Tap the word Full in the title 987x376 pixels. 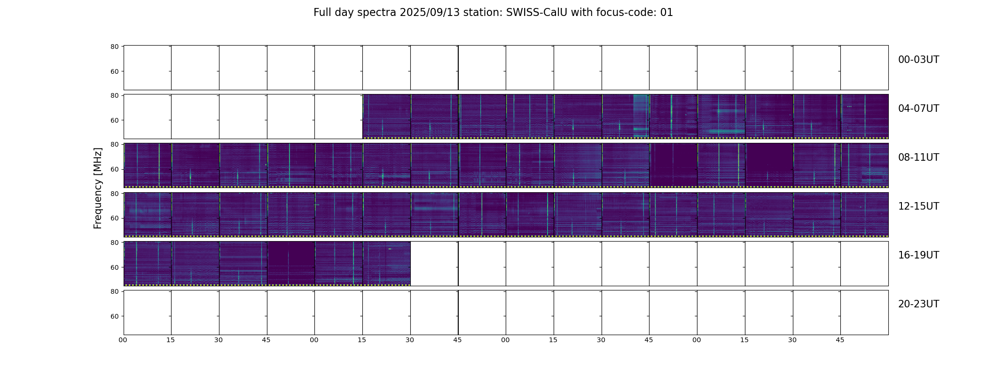click(x=323, y=13)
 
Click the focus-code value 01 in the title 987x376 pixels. click(x=666, y=13)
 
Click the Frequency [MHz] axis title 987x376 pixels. click(x=98, y=188)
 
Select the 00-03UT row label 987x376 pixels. click(x=918, y=60)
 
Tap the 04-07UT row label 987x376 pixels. click(x=918, y=109)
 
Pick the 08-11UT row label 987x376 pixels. click(x=918, y=157)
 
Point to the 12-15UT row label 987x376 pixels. click(x=918, y=206)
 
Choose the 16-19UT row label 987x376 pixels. click(x=918, y=255)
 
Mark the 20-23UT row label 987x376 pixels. click(x=918, y=304)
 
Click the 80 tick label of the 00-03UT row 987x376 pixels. click(x=114, y=47)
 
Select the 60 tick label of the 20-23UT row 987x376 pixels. click(x=114, y=316)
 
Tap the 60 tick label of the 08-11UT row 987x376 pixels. click(x=114, y=169)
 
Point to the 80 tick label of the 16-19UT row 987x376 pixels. click(x=114, y=243)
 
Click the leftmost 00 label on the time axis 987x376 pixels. click(x=123, y=340)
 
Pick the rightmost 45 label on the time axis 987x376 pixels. click(x=840, y=340)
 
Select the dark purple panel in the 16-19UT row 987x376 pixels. click(x=291, y=263)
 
